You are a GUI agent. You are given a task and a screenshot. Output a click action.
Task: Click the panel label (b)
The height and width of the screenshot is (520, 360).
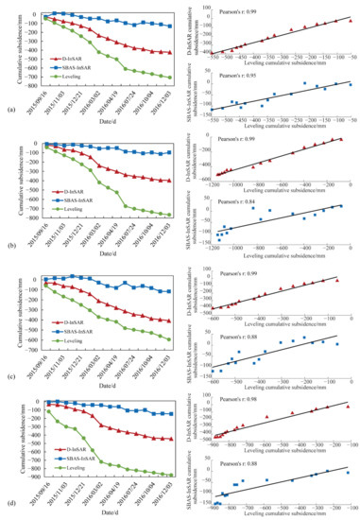click(8, 243)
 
